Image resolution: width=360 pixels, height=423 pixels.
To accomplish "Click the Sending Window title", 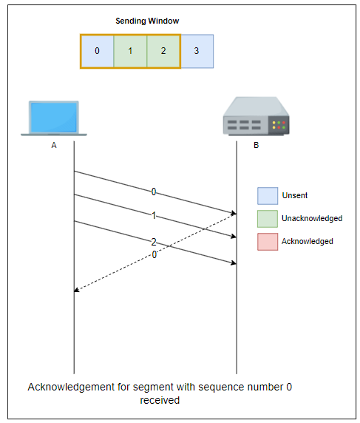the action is point(147,21).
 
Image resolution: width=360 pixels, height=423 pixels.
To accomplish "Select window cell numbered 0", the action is point(98,51).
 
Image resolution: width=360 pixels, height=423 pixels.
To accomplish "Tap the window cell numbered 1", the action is point(130,51).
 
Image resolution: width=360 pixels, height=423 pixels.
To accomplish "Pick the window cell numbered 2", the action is point(163,51).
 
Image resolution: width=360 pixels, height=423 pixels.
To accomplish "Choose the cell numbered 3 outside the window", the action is point(197,51).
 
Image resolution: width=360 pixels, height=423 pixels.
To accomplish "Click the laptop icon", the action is point(54,118).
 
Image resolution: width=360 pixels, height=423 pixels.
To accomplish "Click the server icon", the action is point(257,116).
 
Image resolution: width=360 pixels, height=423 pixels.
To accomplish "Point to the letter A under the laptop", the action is point(54,145).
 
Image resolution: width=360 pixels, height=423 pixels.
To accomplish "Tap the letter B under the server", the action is point(257,145).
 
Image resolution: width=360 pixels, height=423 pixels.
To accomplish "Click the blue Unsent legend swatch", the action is point(268,196).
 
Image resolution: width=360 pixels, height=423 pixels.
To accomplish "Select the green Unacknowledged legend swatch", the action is point(268,219).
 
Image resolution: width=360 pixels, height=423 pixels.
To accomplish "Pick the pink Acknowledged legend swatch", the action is point(268,242).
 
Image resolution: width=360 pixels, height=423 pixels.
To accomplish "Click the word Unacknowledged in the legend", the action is point(312,218).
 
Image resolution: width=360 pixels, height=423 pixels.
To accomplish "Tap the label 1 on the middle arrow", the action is point(154,215).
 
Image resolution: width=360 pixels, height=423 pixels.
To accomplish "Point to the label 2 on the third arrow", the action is point(154,242).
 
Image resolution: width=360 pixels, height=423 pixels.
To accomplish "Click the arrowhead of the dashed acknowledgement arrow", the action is point(76,291).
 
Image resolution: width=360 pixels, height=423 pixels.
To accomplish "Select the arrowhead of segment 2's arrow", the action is point(234,263).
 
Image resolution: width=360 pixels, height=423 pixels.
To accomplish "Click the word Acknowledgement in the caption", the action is point(71,388).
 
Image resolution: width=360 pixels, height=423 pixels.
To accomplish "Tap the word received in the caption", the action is point(160,400).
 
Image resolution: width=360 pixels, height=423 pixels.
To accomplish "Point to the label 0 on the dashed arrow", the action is point(154,254).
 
